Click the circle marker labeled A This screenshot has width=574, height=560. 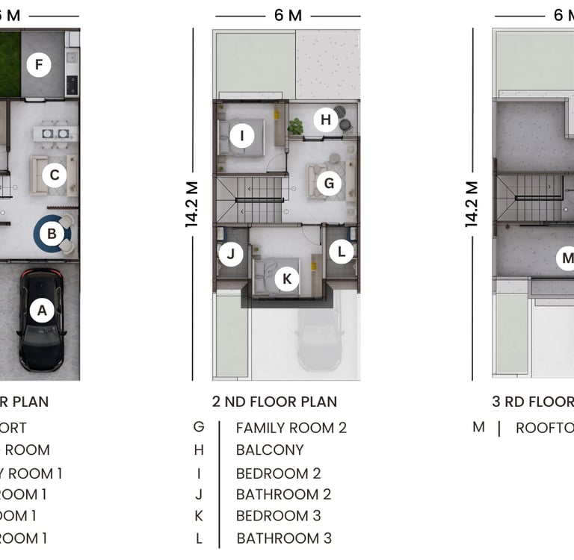tap(42, 310)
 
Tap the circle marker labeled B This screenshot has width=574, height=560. tap(52, 234)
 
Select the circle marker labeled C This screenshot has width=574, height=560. tap(54, 176)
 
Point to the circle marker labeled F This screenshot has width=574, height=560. tap(39, 66)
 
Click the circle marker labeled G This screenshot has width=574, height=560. tap(328, 184)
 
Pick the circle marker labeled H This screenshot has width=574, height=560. tap(325, 119)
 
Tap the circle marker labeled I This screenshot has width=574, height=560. tap(241, 136)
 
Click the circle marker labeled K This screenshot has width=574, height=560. tap(286, 279)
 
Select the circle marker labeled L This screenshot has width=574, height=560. tap(342, 252)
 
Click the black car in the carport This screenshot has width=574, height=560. tap(42, 321)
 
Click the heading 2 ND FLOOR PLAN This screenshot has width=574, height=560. tap(274, 402)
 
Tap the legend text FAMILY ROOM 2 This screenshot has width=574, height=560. tap(291, 428)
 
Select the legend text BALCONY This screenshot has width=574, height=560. tap(270, 450)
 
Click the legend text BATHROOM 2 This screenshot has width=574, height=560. tap(283, 494)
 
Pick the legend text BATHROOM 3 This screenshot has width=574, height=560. tap(284, 538)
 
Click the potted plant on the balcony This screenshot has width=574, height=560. tap(296, 127)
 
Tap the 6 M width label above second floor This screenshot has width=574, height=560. tap(288, 16)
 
